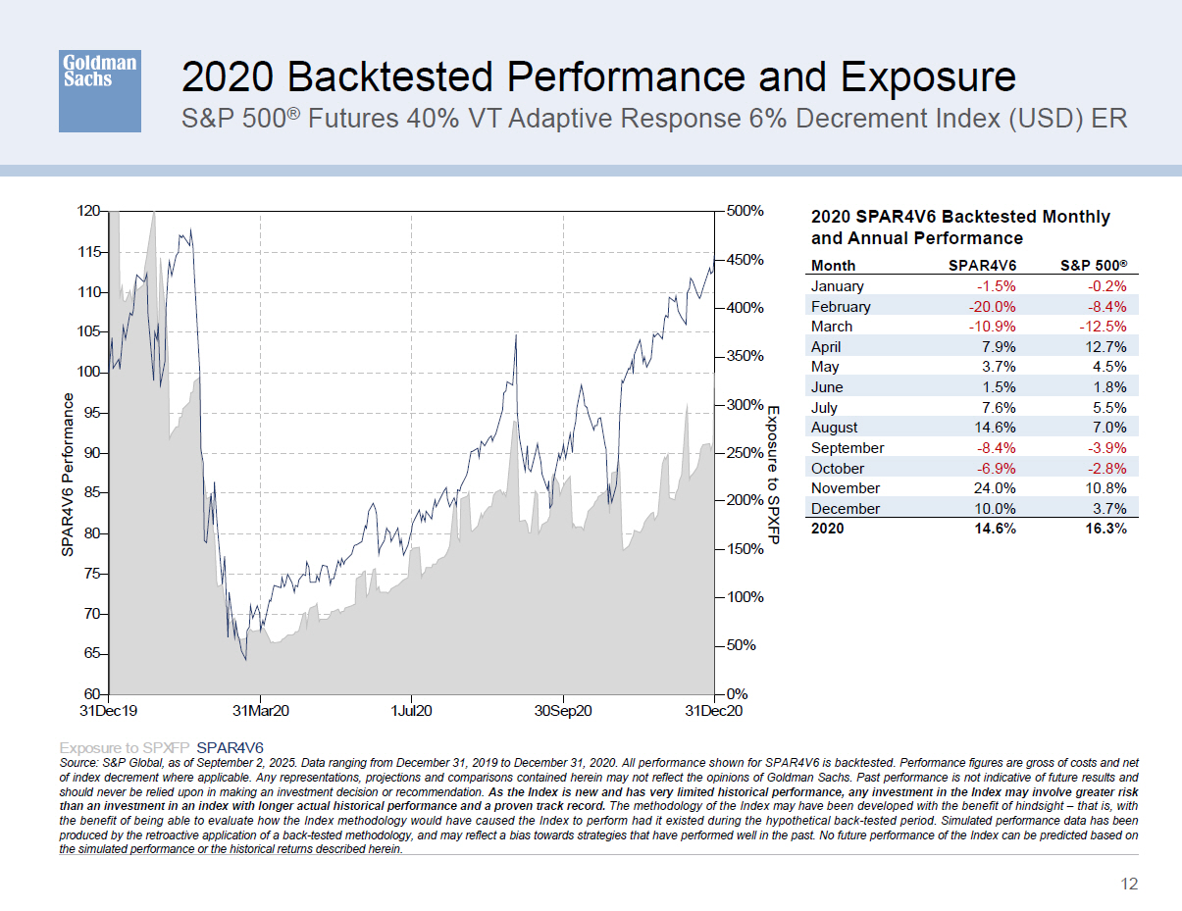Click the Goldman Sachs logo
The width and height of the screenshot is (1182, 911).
point(99,91)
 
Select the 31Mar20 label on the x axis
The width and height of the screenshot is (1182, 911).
point(260,711)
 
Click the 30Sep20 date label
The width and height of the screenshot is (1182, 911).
point(562,711)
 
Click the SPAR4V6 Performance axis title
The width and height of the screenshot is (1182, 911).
point(68,476)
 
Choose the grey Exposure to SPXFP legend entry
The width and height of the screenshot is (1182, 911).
point(125,746)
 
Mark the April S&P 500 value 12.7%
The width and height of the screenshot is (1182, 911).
point(1104,346)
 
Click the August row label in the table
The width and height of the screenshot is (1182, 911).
point(834,428)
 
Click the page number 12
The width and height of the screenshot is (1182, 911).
point(1129,884)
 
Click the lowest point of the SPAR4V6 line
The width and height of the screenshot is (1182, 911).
point(245,659)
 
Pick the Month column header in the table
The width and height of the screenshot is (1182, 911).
point(833,265)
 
